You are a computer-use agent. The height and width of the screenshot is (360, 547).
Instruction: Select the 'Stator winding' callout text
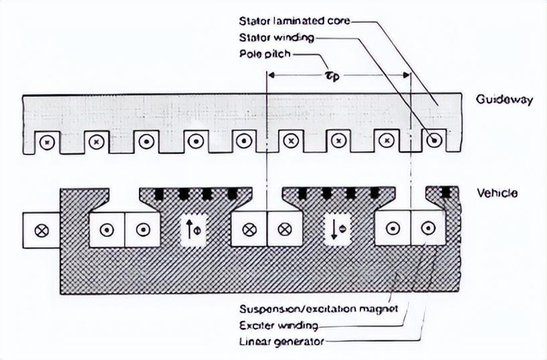[276, 37]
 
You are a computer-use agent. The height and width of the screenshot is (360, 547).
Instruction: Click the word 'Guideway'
[504, 100]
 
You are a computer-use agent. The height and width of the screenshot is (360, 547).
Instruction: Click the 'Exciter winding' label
[278, 326]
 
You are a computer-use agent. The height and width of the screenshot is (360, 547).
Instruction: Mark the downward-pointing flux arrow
[334, 230]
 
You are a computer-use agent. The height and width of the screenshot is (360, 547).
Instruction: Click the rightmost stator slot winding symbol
[435, 141]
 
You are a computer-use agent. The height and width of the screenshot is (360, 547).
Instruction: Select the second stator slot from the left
[96, 142]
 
